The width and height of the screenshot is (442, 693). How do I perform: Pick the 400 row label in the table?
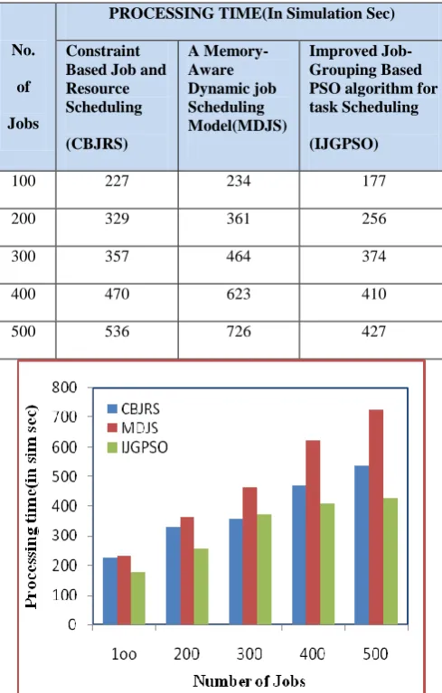pyautogui.click(x=24, y=294)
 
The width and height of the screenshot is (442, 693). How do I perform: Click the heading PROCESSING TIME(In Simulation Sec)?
pyautogui.click(x=251, y=14)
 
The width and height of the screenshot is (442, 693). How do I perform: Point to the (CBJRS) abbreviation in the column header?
pyautogui.click(x=97, y=144)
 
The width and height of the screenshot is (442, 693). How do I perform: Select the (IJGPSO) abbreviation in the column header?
pyautogui.click(x=343, y=144)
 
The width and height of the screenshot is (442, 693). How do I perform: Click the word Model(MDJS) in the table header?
pyautogui.click(x=238, y=126)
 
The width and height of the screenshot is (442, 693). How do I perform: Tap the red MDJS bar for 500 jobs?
pyautogui.click(x=376, y=517)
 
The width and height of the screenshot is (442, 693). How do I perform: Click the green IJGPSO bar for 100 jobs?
pyautogui.click(x=138, y=598)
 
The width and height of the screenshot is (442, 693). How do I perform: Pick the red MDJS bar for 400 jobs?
pyautogui.click(x=313, y=532)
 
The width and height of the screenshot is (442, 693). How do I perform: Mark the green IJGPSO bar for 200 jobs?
pyautogui.click(x=201, y=586)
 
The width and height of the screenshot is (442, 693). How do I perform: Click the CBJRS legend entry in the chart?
pyautogui.click(x=134, y=408)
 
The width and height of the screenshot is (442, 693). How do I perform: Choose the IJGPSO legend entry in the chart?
pyautogui.click(x=138, y=447)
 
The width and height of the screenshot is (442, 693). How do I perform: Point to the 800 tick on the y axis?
pyautogui.click(x=64, y=388)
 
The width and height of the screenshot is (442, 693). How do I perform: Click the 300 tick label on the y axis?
pyautogui.click(x=64, y=536)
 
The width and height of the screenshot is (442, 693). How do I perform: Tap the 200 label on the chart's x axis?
pyautogui.click(x=186, y=654)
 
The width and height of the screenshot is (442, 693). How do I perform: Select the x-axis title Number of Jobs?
pyautogui.click(x=249, y=681)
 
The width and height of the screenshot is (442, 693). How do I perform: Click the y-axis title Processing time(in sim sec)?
pyautogui.click(x=31, y=507)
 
